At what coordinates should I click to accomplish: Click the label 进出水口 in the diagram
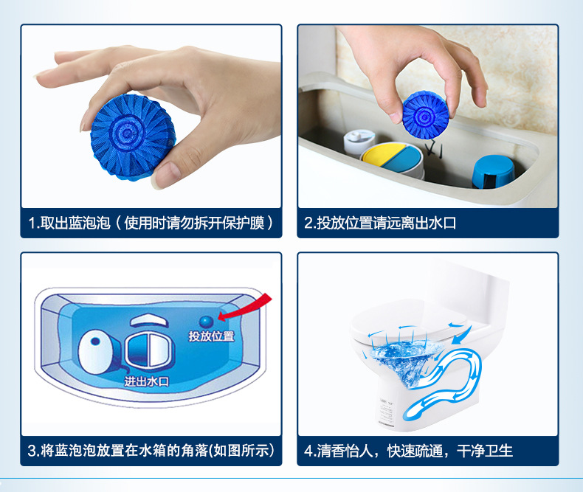147,381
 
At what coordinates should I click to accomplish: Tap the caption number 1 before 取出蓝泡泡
32,223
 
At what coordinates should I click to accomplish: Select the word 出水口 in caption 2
437,223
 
